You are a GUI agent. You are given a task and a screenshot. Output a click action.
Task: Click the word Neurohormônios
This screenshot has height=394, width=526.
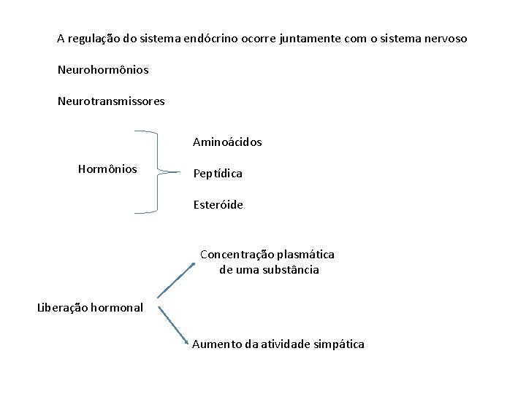pos(103,70)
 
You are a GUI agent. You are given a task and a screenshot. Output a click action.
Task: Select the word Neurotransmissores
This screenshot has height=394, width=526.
pos(111,101)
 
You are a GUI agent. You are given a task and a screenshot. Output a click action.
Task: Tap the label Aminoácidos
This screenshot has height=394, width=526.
pos(227,142)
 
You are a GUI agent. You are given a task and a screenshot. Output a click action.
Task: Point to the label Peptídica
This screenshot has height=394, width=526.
pos(218,174)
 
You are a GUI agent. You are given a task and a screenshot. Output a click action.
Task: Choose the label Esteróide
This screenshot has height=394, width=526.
pos(218,205)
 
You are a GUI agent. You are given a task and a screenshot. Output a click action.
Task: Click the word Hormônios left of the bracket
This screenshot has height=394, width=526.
pos(107,169)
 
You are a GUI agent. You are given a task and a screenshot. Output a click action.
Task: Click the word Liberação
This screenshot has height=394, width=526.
pos(63,307)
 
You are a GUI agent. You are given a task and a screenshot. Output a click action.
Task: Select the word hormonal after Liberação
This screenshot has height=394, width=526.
pos(117,307)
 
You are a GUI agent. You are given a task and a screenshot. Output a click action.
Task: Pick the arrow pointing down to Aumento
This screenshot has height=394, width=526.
pos(175,325)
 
